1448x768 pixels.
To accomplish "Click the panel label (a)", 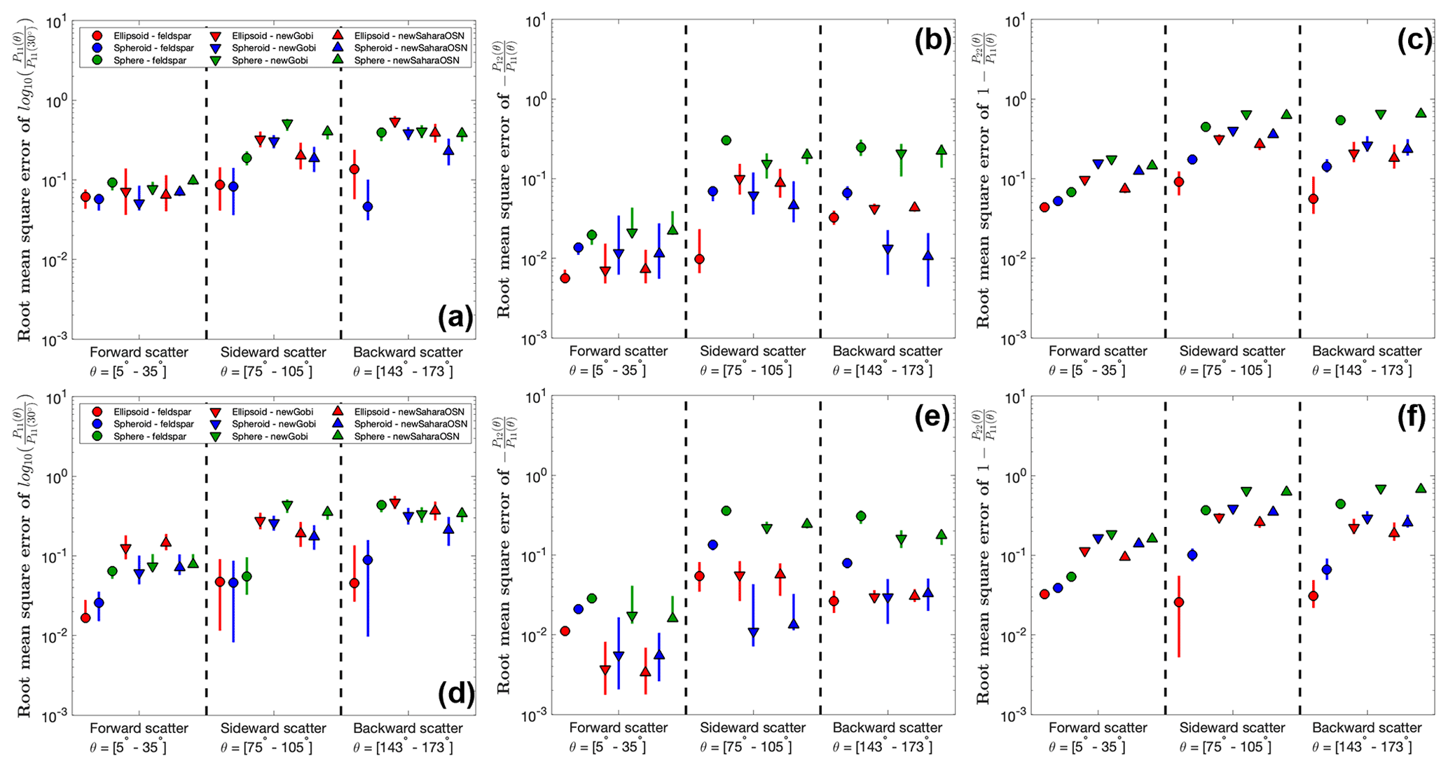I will [x=455, y=318].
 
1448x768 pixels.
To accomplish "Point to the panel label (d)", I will [x=455, y=694].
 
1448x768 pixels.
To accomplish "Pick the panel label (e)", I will [x=932, y=417].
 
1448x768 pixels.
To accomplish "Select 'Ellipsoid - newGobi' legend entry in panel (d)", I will [x=263, y=412].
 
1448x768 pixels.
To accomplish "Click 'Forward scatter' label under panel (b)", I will [x=618, y=351].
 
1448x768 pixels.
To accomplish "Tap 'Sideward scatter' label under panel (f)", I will [x=1232, y=728].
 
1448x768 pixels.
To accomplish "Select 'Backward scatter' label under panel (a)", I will [x=408, y=352].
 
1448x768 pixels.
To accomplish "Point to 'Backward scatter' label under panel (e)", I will [x=887, y=728].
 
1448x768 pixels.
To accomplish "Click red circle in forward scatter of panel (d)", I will [x=85, y=617].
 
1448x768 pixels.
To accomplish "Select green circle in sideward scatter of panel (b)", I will [x=726, y=140].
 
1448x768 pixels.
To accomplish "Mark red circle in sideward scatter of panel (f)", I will [x=1179, y=602].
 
